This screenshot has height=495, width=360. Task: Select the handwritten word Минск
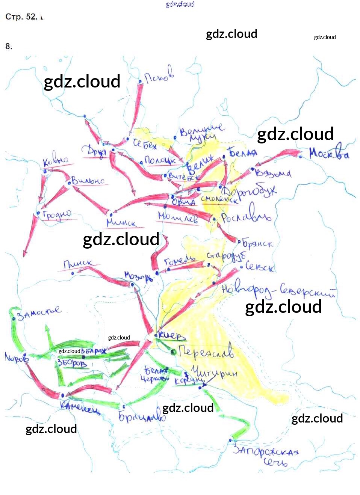pos(121,222)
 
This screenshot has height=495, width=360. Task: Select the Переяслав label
pos(206,351)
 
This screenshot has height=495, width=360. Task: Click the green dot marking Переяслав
pos(173,352)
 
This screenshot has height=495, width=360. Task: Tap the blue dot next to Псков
pos(140,81)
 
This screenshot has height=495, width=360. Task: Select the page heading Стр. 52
pos(21,17)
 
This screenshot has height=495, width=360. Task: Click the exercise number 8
pos(9,47)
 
